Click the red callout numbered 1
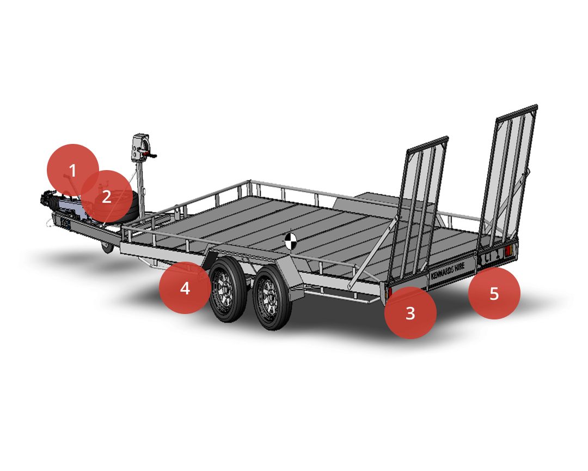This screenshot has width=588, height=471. click(x=73, y=170)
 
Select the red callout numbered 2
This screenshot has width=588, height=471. click(x=107, y=196)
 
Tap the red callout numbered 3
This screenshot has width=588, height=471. click(x=411, y=313)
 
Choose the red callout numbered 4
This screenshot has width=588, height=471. click(x=185, y=288)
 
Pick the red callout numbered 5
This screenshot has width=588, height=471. click(x=494, y=293)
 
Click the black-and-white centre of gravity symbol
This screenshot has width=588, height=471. click(x=291, y=241)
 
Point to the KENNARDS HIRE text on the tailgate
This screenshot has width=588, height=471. click(x=448, y=270)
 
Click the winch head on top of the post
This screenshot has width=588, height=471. click(x=140, y=147)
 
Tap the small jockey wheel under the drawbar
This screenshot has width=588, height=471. click(x=108, y=247)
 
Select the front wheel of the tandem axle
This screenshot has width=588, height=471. click(x=228, y=289)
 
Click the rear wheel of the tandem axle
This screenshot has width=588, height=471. click(x=272, y=298)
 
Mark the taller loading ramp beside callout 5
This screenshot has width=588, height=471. click(x=507, y=177)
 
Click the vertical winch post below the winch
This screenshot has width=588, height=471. click(x=141, y=190)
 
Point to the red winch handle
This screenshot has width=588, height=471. click(x=149, y=153)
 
